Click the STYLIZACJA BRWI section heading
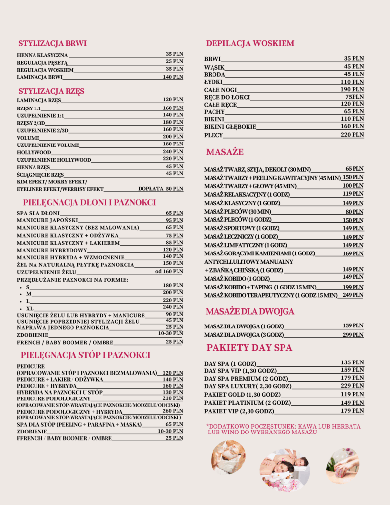52,43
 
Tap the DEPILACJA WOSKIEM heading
250,44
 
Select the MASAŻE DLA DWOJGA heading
250,311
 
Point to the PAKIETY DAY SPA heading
249,348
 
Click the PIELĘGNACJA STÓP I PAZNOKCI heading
85,355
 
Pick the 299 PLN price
353,334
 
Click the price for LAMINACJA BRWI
173,77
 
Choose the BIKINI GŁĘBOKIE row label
230,127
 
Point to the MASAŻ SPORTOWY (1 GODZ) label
242,228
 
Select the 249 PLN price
353,295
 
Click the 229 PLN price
353,386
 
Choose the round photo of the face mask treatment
228,457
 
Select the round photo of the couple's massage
284,469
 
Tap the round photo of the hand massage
343,466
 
